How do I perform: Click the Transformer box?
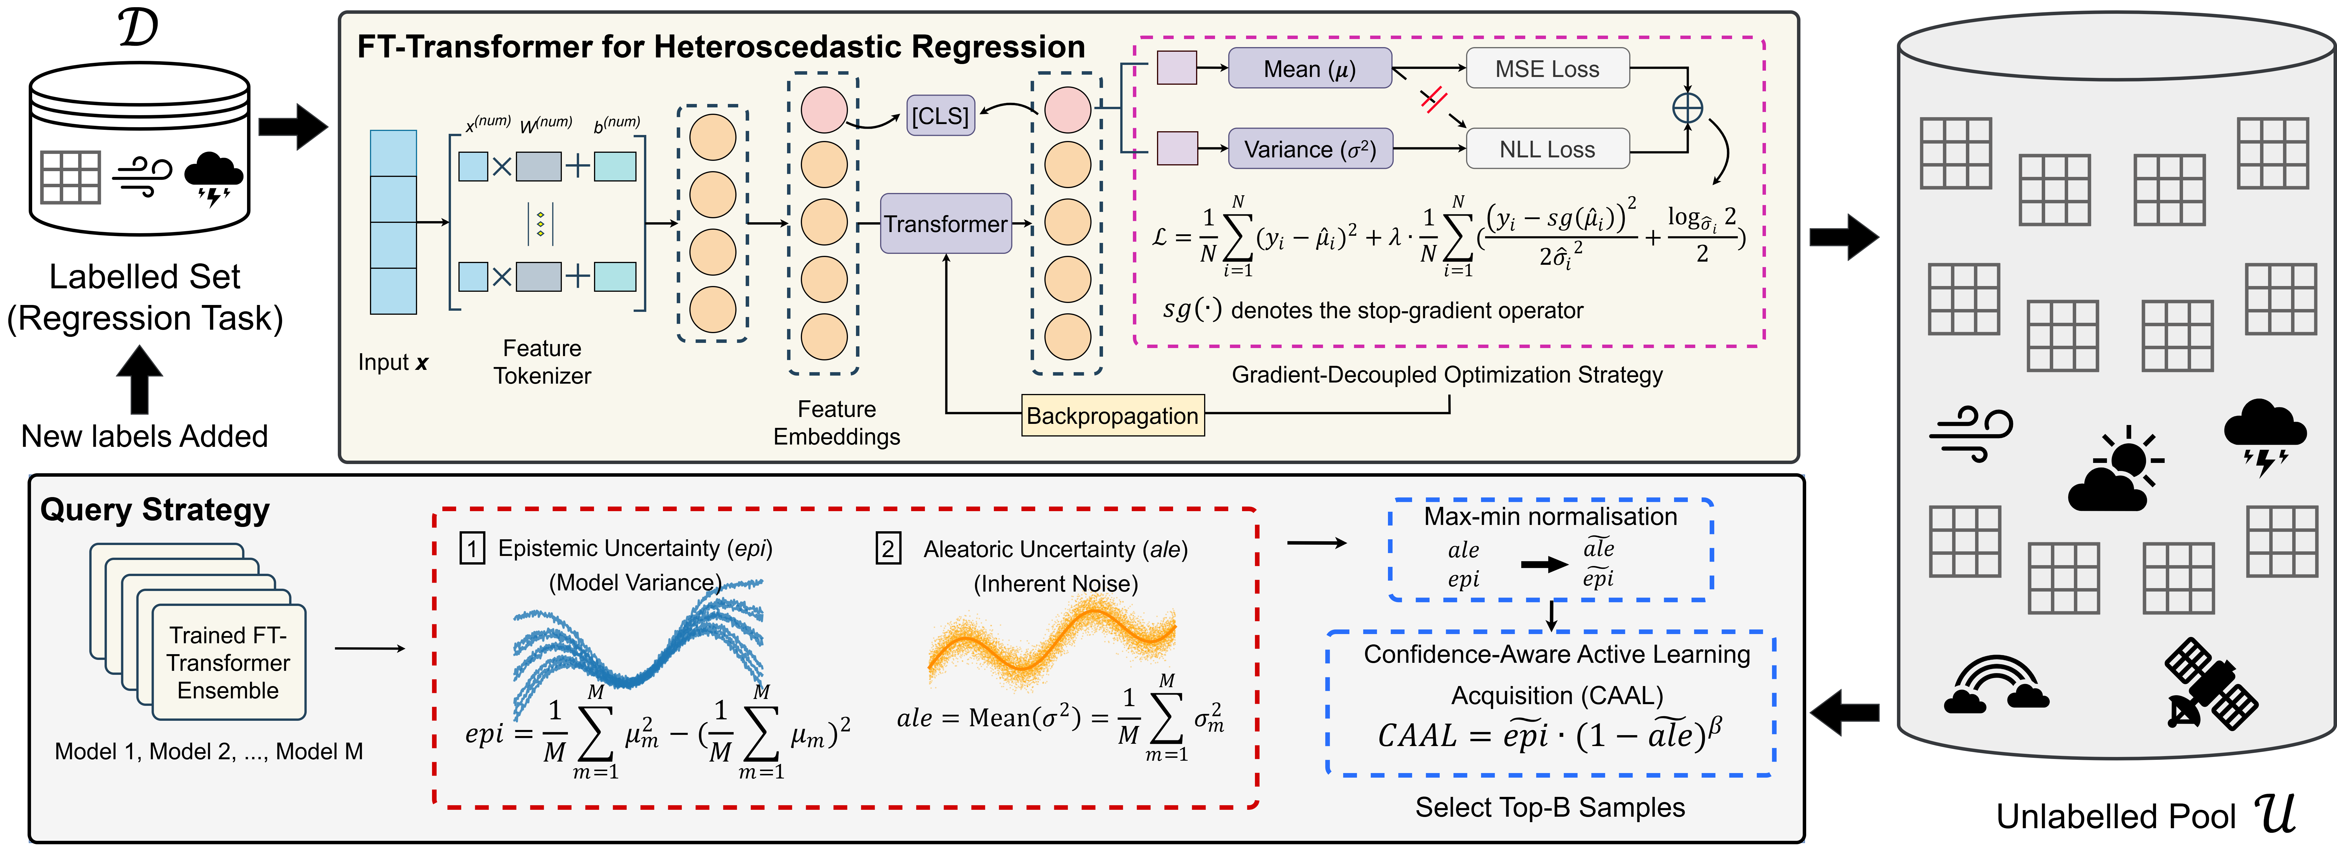pyautogui.click(x=945, y=223)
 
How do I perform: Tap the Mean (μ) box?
pyautogui.click(x=1309, y=69)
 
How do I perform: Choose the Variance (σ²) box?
pyautogui.click(x=1309, y=149)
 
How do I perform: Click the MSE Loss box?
pyautogui.click(x=1547, y=69)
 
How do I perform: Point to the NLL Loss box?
pyautogui.click(x=1547, y=149)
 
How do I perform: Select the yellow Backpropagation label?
pyautogui.click(x=1112, y=416)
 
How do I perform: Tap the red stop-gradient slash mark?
pyautogui.click(x=1432, y=100)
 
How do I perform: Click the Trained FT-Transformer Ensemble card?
pyautogui.click(x=229, y=662)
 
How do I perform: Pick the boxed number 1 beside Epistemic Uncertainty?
pyautogui.click(x=472, y=549)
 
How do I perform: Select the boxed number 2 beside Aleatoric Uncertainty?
pyautogui.click(x=887, y=549)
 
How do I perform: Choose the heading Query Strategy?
pyautogui.click(x=154, y=510)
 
